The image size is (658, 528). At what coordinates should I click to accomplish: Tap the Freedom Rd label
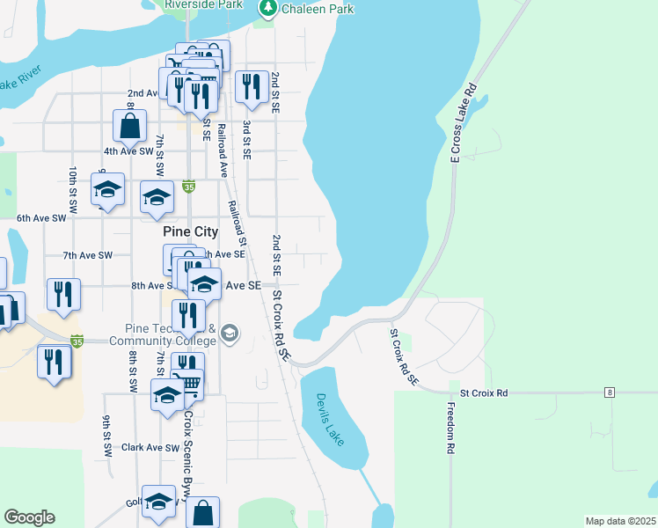point(450,429)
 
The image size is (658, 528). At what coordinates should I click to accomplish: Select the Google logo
point(29,517)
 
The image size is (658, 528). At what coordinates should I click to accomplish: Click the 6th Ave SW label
point(41,217)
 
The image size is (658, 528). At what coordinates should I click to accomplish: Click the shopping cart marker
point(189,382)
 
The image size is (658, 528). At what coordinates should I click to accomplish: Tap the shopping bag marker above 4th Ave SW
point(129,125)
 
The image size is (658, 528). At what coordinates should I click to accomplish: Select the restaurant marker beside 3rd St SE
point(252,86)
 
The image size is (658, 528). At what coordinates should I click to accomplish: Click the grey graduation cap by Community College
point(230,333)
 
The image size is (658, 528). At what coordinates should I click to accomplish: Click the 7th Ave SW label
point(88,255)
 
